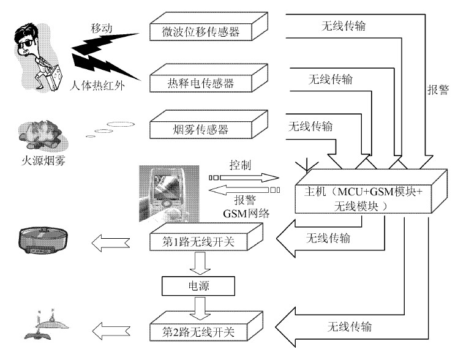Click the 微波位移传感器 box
[209, 26]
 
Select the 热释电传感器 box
[209, 78]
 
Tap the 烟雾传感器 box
[209, 124]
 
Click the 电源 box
[198, 286]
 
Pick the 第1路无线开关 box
[206, 237]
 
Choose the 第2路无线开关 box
[206, 326]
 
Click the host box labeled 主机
[371, 191]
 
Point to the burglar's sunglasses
[27, 45]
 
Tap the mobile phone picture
[169, 193]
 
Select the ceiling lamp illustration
[46, 324]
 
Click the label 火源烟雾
[43, 160]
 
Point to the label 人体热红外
[97, 86]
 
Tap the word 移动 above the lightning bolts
[102, 29]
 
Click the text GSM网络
[246, 214]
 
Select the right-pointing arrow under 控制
[244, 178]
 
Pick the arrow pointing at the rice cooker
[111, 243]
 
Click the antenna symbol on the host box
[304, 164]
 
